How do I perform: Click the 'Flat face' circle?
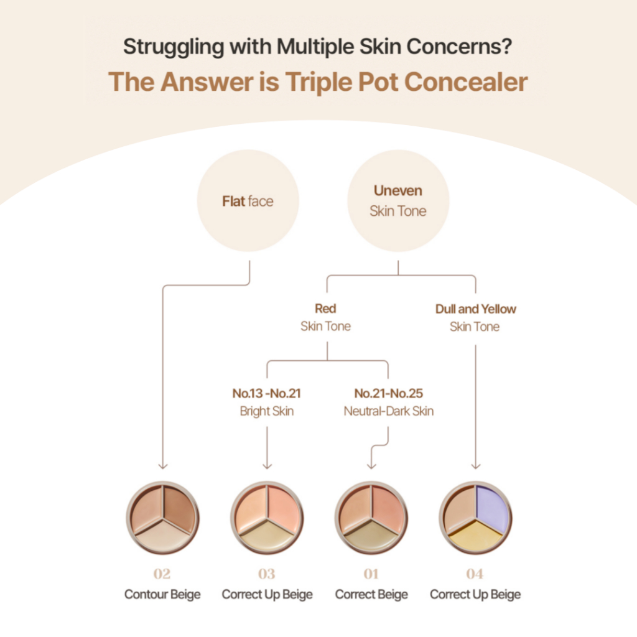[x=248, y=201]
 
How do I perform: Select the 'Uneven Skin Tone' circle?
[x=398, y=201]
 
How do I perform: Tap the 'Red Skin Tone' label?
[x=325, y=317]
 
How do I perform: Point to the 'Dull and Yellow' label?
[x=476, y=309]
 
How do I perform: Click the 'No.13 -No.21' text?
[x=266, y=393]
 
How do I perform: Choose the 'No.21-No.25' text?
[x=388, y=393]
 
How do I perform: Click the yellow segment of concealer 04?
[x=475, y=536]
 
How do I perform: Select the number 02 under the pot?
[x=162, y=574]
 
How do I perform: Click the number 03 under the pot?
[x=267, y=574]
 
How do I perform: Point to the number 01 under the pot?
[x=371, y=574]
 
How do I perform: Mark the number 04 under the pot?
[x=475, y=574]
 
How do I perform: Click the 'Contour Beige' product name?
[x=162, y=595]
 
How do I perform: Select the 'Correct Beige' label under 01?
[x=371, y=595]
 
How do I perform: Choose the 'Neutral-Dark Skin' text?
[x=388, y=411]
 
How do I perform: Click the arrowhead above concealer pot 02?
[x=162, y=465]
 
